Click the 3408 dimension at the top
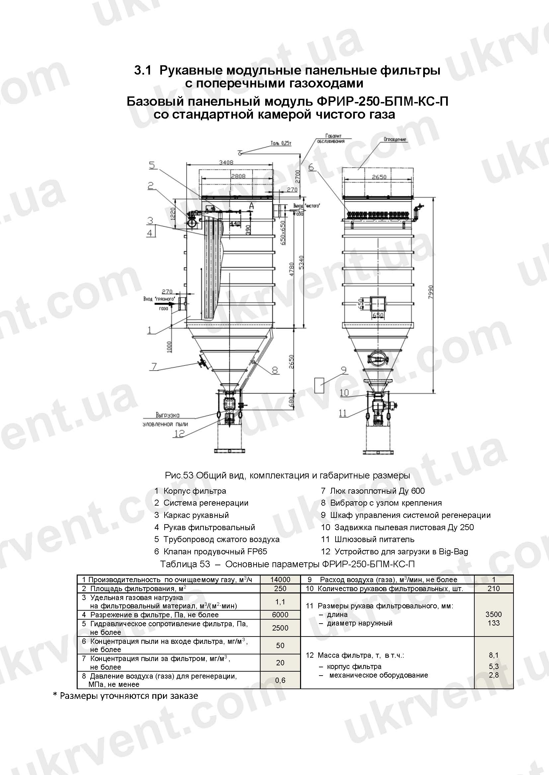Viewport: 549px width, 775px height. point(226,162)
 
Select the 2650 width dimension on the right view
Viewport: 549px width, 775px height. point(379,177)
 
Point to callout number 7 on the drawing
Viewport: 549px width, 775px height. point(154,366)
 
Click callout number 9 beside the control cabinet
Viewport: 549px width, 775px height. point(344,370)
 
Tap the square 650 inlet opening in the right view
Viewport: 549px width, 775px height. point(378,304)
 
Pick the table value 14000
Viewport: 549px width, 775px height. point(280,580)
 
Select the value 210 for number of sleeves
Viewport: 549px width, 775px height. point(494,588)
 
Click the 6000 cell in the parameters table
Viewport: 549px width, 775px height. point(280,615)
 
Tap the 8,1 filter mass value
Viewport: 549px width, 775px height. point(494,655)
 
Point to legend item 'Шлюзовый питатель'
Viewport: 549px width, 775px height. point(374,539)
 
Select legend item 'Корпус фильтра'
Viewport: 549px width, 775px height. point(195,491)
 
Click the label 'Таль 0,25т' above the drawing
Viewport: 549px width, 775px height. point(280,143)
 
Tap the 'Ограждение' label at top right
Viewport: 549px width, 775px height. point(395,139)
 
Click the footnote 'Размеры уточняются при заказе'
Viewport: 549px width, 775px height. point(128,696)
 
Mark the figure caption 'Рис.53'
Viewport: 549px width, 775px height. point(179,475)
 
